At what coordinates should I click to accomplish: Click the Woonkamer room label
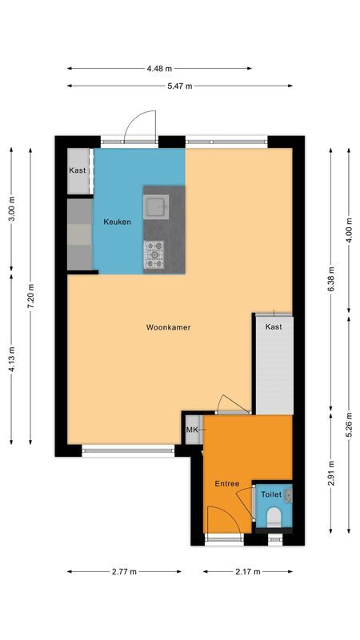tap(168, 327)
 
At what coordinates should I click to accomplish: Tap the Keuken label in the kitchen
tap(117, 222)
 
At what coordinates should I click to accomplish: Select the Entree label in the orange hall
tap(227, 485)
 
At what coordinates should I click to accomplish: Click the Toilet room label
tap(271, 495)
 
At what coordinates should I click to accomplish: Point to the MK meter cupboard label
tap(192, 431)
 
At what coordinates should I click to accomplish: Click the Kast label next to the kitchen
tap(78, 170)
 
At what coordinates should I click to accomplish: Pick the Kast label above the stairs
tap(274, 327)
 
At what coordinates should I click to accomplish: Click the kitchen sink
tap(155, 207)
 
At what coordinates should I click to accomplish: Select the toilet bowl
tap(273, 516)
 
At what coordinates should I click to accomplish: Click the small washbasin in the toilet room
tap(289, 495)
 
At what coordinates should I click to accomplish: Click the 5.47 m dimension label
tap(179, 86)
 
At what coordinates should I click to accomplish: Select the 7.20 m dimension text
tap(30, 296)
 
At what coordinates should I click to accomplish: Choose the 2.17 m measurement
tap(247, 571)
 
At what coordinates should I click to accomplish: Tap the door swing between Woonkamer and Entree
tap(228, 402)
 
